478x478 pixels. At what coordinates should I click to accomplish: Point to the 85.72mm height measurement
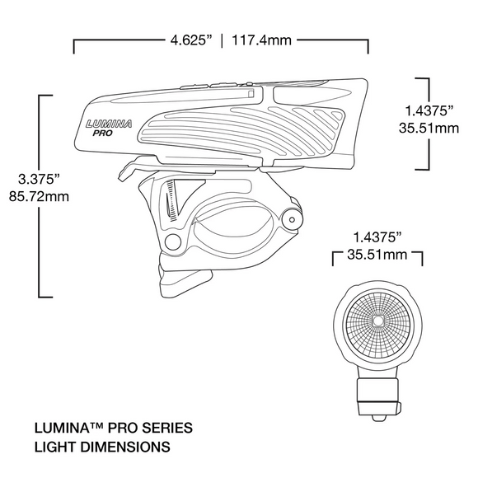[38, 199]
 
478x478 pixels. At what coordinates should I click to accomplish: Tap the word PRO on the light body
[103, 133]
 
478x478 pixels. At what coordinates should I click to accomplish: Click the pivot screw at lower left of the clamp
[171, 241]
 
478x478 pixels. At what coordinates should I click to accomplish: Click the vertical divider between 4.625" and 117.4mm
[222, 40]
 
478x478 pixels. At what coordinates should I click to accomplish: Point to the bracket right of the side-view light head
[426, 124]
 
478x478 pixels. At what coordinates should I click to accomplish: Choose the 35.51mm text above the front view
[377, 255]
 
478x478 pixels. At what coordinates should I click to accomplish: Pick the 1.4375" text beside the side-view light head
[425, 110]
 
